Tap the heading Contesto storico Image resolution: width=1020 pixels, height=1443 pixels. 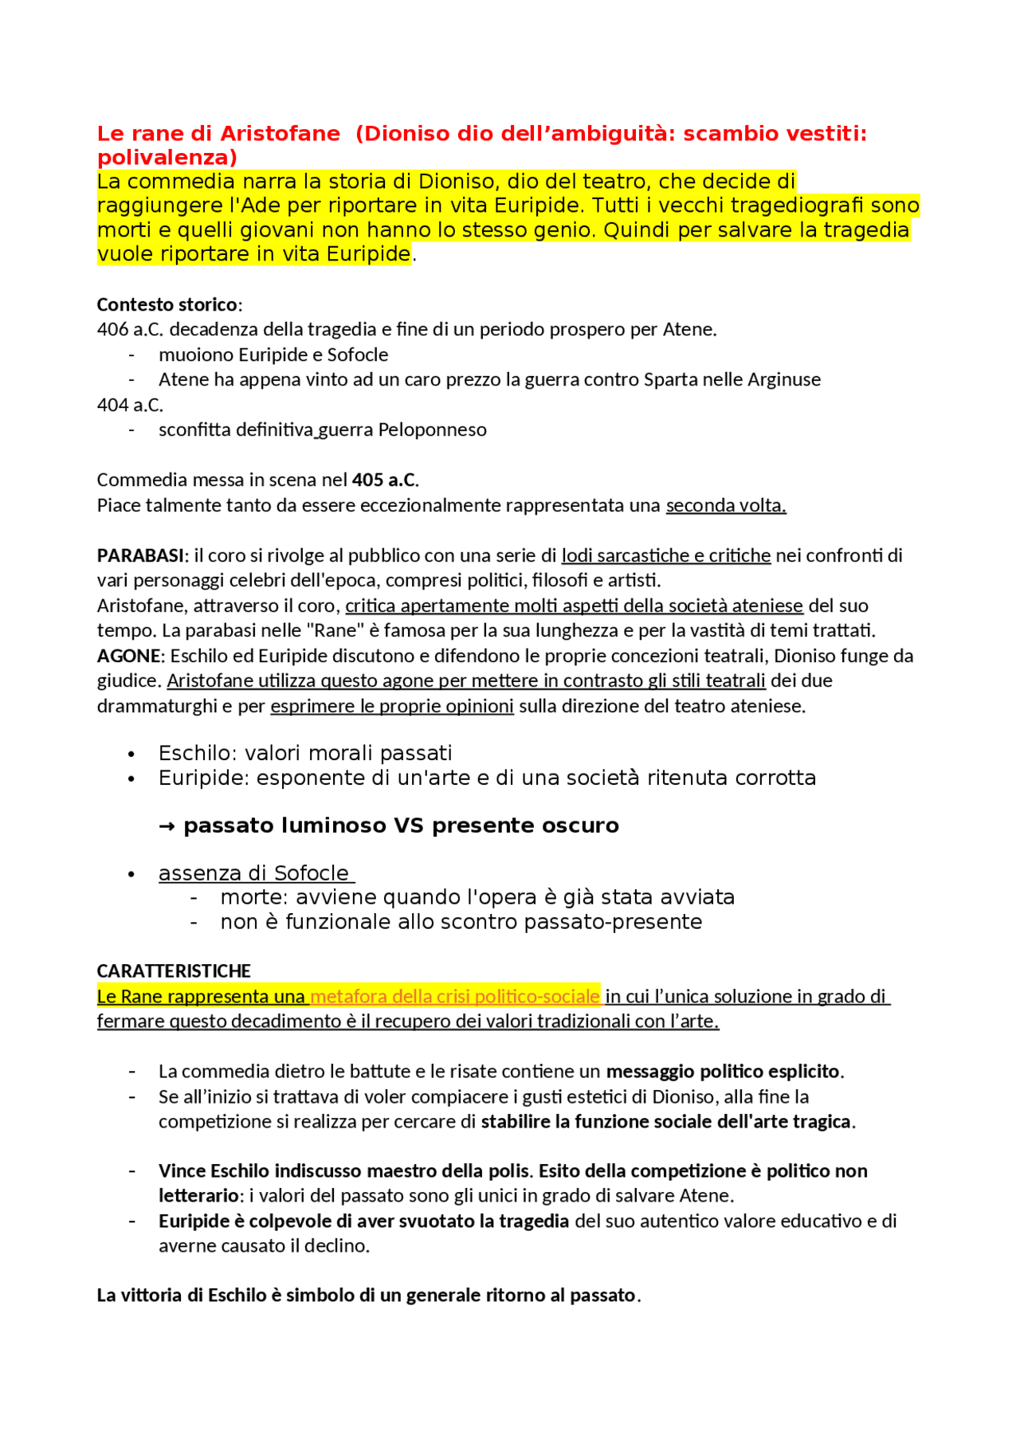click(167, 304)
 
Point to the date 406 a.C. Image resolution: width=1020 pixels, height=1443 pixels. click(130, 329)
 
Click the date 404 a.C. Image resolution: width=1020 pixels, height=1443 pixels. click(130, 405)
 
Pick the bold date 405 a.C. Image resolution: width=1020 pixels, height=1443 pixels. click(384, 480)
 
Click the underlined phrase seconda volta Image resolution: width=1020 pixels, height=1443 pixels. click(725, 505)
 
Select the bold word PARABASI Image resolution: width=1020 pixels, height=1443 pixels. click(140, 555)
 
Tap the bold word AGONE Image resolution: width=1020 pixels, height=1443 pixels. click(128, 656)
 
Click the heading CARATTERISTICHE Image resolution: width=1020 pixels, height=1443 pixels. click(174, 970)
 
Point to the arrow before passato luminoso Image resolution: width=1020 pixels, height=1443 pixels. click(167, 825)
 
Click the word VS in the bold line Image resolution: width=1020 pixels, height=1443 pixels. click(409, 825)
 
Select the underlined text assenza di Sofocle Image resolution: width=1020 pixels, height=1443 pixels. click(254, 873)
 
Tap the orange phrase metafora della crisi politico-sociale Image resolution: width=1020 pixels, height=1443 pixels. click(455, 996)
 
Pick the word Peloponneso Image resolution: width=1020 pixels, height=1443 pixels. click(432, 429)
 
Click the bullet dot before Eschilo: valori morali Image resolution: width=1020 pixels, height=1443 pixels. click(131, 754)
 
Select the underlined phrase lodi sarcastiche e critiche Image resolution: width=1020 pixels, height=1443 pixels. click(666, 555)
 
